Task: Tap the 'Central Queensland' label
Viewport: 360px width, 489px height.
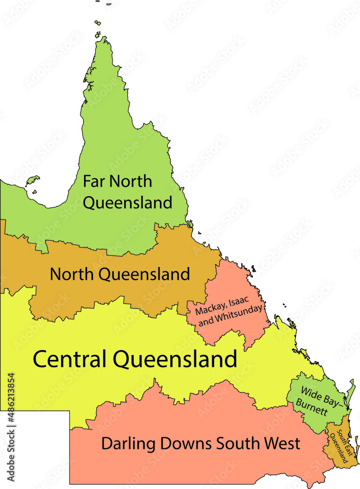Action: pyautogui.click(x=135, y=359)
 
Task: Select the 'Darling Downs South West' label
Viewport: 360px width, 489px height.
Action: pyautogui.click(x=201, y=444)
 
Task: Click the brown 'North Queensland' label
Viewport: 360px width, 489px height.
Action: pyautogui.click(x=120, y=274)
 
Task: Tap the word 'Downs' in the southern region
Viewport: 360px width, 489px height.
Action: pyautogui.click(x=189, y=444)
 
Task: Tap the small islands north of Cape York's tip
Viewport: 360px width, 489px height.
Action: pyautogui.click(x=98, y=22)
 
